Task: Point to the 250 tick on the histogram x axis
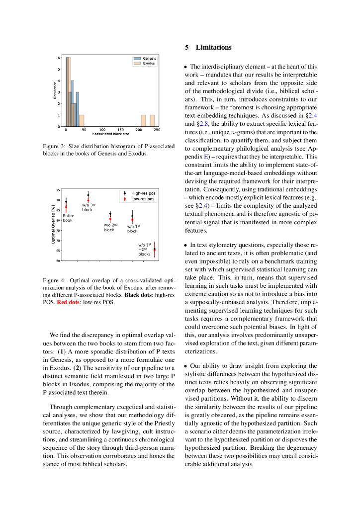(157, 130)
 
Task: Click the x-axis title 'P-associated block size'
(110, 134)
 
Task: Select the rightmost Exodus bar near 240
(152, 121)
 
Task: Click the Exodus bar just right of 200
(143, 121)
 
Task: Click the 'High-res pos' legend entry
(143, 193)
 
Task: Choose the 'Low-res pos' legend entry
(143, 199)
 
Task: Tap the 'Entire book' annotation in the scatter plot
(68, 218)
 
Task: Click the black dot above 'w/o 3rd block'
(88, 195)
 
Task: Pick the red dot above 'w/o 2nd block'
(110, 219)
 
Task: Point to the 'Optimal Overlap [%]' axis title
(53, 226)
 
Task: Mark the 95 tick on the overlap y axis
(58, 190)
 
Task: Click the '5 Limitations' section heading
(208, 48)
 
